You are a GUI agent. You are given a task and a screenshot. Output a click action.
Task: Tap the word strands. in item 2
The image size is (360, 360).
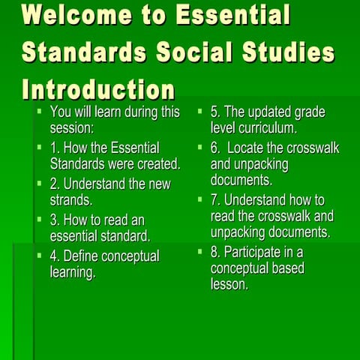pyautogui.click(x=71, y=199)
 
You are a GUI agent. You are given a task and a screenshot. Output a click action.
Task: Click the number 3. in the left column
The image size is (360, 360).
pyautogui.click(x=55, y=220)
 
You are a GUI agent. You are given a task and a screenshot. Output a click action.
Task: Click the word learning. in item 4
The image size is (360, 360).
pyautogui.click(x=73, y=272)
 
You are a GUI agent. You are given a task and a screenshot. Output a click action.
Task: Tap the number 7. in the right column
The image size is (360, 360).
pyautogui.click(x=216, y=200)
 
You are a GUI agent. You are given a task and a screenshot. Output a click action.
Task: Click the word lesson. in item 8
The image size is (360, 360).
pyautogui.click(x=229, y=284)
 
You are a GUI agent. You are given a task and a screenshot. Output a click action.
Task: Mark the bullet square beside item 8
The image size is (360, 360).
pyautogui.click(x=200, y=250)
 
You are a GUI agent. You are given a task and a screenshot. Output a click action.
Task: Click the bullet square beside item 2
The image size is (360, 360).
pyautogui.click(x=40, y=182)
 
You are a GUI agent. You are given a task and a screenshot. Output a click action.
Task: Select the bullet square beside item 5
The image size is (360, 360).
pyautogui.click(x=200, y=111)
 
